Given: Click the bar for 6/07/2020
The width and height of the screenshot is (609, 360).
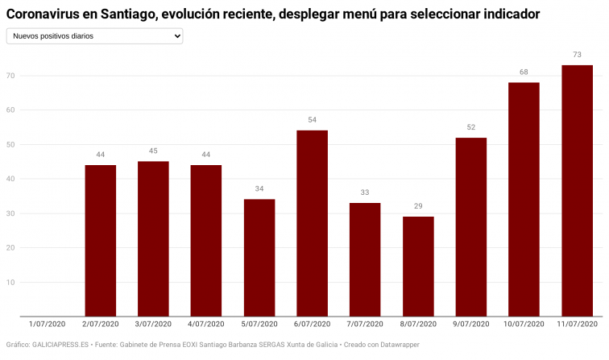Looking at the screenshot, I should point(312,223).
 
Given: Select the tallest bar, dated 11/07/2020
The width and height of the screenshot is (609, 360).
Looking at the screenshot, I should point(577,191).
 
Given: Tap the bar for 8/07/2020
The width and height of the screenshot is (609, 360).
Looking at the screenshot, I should point(418,266).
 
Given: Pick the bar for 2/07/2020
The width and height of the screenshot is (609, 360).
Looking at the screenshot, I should point(101,240).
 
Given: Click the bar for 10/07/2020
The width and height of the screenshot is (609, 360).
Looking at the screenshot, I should point(524,199).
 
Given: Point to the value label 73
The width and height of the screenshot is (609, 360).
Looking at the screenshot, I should point(577,55).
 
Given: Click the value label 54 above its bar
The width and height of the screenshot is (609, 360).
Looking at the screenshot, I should point(312,120).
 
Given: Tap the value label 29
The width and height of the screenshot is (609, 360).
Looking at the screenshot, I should point(418,206).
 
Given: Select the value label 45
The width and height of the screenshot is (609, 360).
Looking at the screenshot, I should point(153,151).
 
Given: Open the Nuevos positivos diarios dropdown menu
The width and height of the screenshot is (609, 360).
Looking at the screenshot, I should point(94,36).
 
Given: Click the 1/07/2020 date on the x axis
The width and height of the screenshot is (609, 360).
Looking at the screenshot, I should point(48,324).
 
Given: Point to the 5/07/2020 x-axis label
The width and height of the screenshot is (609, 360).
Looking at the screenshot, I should point(259,324).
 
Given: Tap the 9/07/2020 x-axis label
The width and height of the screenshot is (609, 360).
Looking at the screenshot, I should point(471,324).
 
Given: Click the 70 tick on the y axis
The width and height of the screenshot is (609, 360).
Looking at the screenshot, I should point(11,76).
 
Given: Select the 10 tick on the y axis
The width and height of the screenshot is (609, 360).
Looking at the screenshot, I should point(11,282).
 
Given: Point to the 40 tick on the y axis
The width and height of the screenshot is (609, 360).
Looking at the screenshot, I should point(11,179).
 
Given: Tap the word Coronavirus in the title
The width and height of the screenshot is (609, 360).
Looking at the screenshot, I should point(43,14).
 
